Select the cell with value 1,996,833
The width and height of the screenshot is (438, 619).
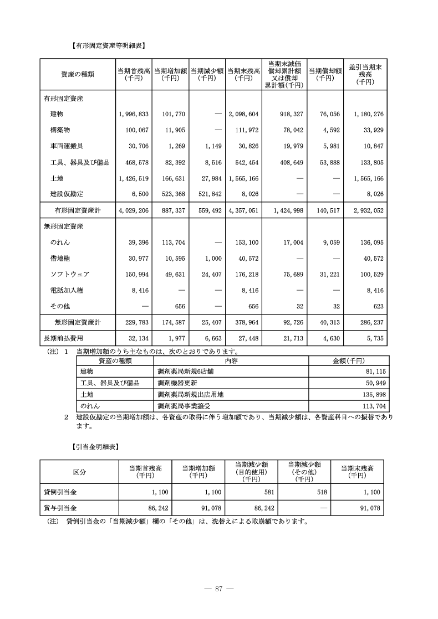(134, 114)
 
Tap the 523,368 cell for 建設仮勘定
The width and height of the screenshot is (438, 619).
(170, 194)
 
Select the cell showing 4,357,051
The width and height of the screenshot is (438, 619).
(243, 211)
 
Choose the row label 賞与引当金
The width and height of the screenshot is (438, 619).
(60, 508)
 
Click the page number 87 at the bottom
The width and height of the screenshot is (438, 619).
(219, 589)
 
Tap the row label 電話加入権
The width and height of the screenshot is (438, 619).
(65, 290)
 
